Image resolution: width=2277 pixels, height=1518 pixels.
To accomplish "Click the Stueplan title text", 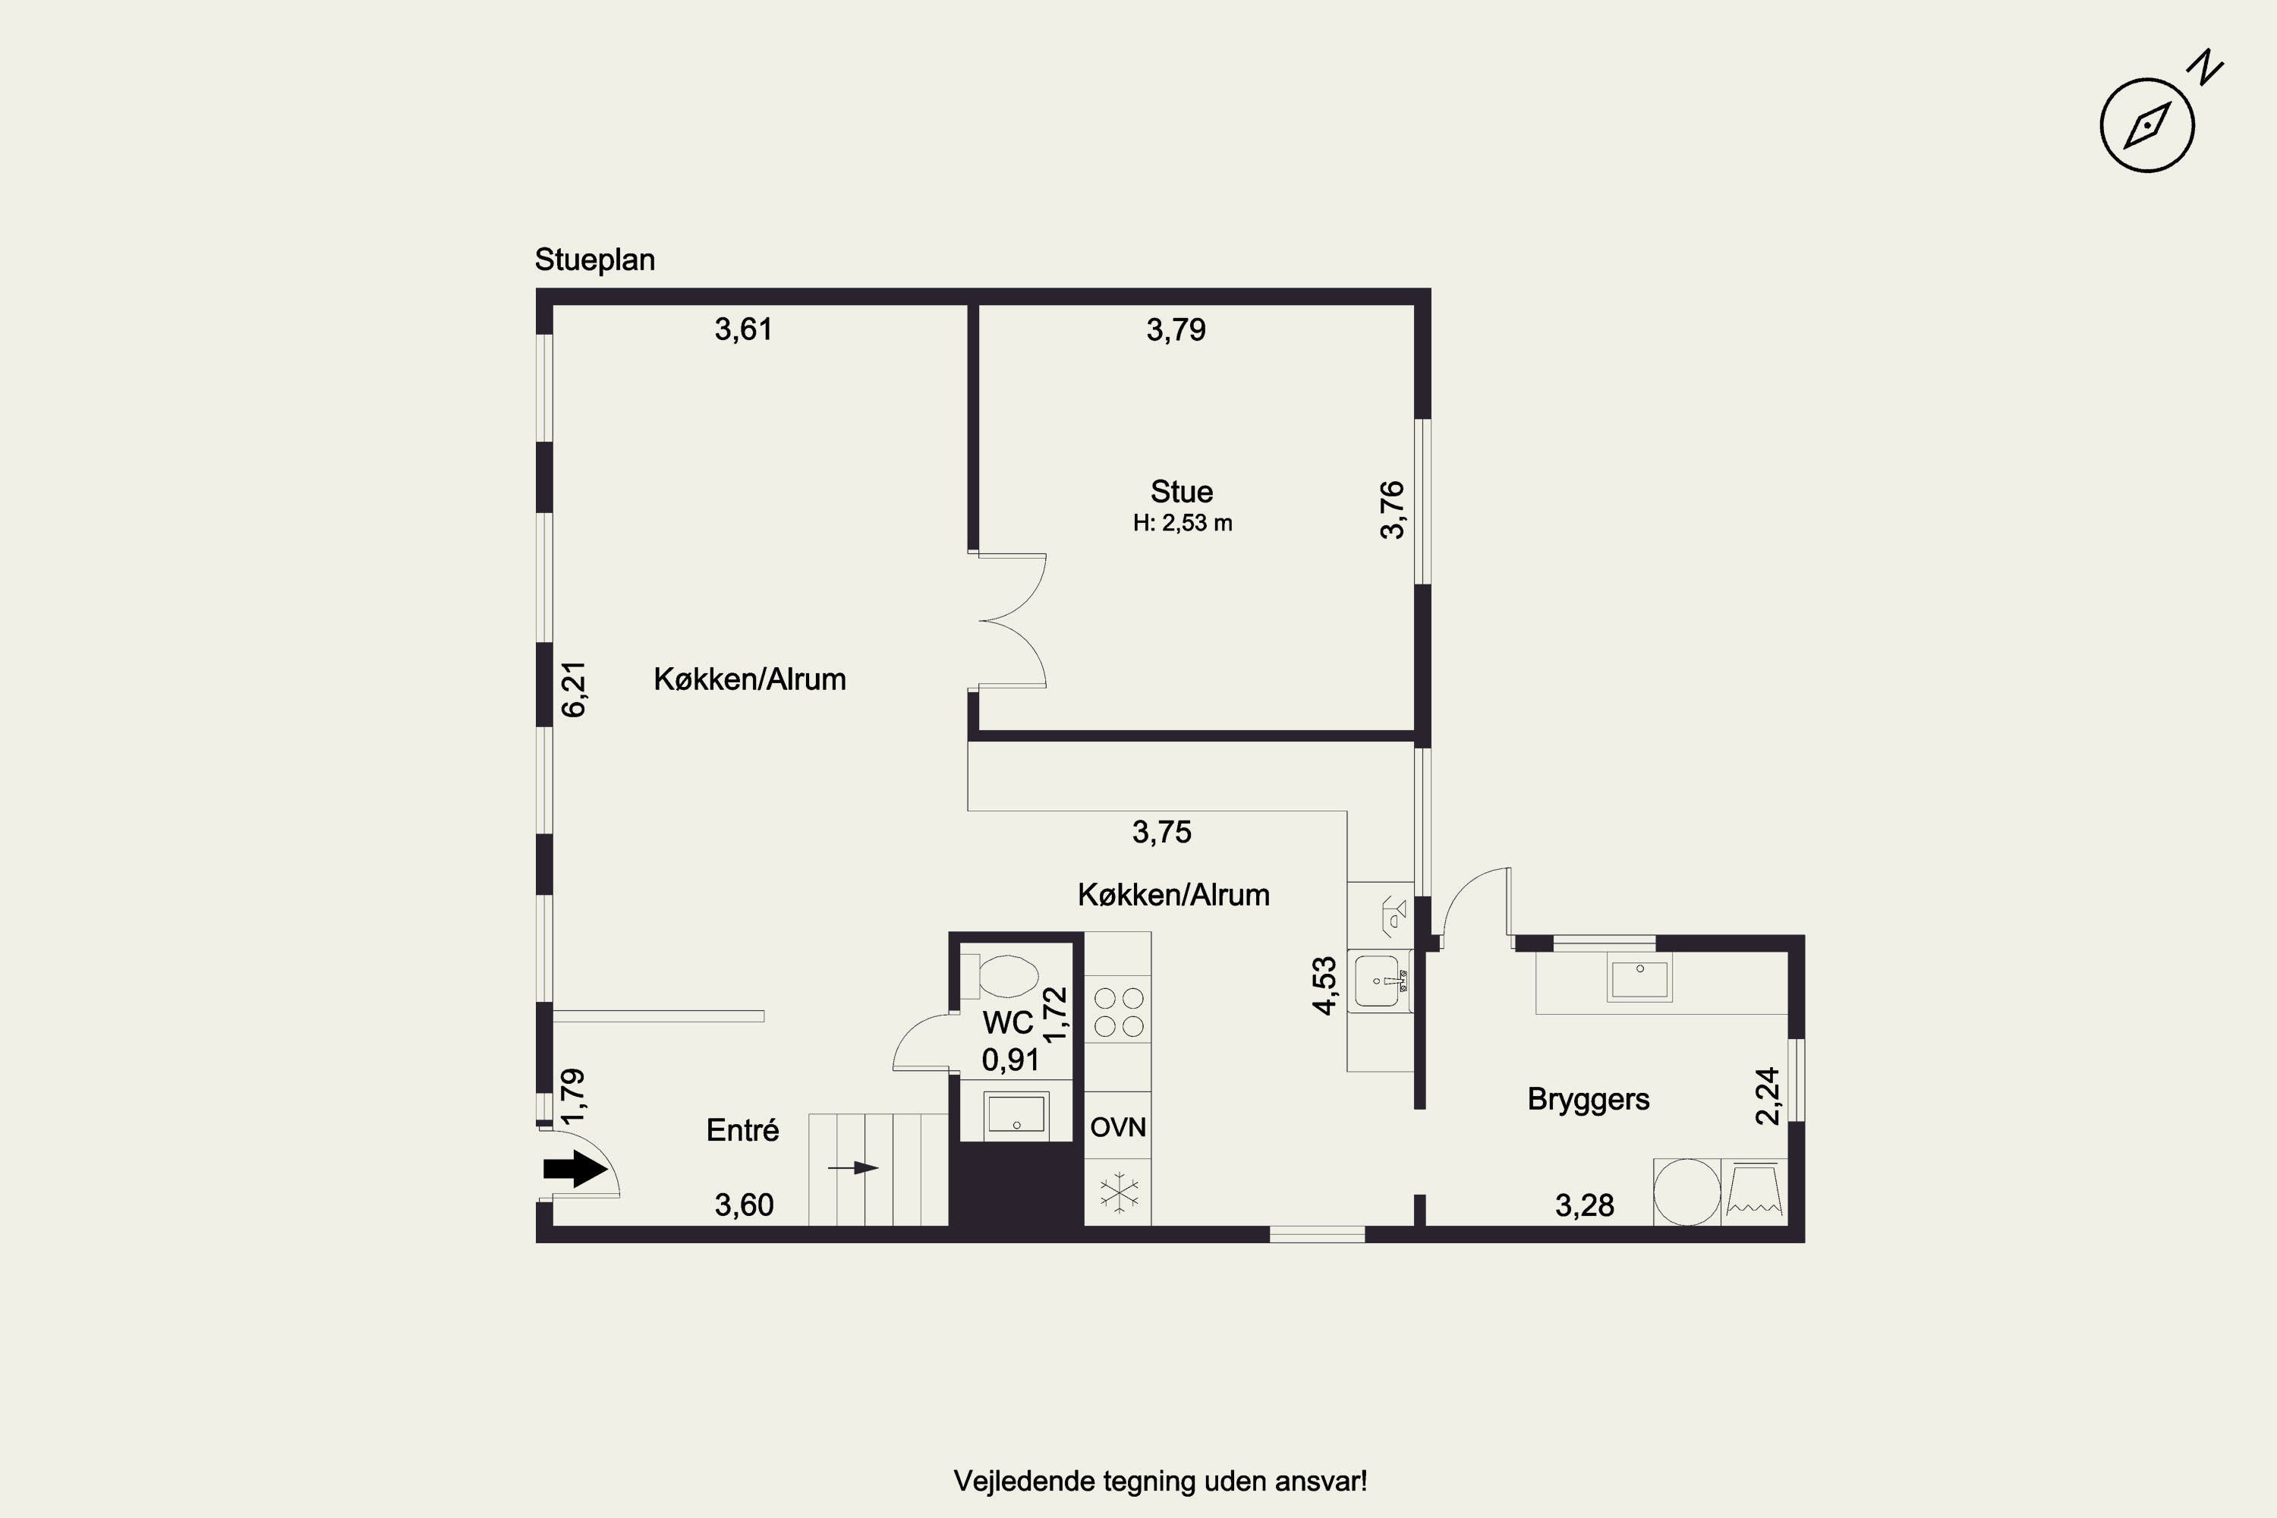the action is (x=594, y=260).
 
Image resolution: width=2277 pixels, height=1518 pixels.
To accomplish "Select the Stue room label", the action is (x=1181, y=492).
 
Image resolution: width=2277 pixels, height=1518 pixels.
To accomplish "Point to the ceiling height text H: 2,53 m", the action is (x=1182, y=524).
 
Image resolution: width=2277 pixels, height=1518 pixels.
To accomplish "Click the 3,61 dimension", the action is (x=744, y=330).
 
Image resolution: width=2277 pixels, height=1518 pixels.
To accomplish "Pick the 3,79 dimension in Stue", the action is (x=1176, y=330).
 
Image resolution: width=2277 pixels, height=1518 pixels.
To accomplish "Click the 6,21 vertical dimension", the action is (x=574, y=688).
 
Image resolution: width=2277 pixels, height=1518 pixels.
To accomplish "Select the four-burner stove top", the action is (x=1118, y=1012).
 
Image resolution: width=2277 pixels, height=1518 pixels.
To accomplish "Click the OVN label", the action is (x=1118, y=1127).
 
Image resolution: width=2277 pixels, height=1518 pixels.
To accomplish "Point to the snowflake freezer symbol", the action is (x=1118, y=1192).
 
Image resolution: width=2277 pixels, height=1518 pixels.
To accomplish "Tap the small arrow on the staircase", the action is (x=853, y=1169).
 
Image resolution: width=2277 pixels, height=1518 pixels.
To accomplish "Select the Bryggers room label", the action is (x=1589, y=1100).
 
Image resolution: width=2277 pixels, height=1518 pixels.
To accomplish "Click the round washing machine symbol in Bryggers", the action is (x=1686, y=1192).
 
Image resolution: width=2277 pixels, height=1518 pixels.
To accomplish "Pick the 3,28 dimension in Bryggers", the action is (x=1585, y=1205).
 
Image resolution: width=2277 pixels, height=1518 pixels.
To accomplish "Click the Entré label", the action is (x=742, y=1130).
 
